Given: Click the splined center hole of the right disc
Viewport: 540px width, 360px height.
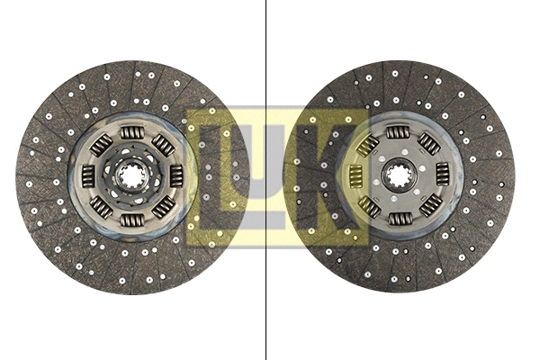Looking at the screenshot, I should click(x=398, y=174).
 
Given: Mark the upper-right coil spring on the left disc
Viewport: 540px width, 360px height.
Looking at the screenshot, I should click(x=163, y=146).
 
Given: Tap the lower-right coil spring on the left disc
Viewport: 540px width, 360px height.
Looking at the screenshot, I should click(x=162, y=207).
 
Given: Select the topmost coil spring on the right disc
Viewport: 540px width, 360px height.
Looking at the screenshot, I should click(x=398, y=133).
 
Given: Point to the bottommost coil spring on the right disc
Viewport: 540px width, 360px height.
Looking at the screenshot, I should click(x=398, y=216).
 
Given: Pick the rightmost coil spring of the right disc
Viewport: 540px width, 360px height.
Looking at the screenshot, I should click(x=441, y=174).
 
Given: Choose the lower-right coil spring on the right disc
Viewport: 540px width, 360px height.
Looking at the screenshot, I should click(x=427, y=205).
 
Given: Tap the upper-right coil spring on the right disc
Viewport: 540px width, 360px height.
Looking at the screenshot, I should click(x=428, y=144).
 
